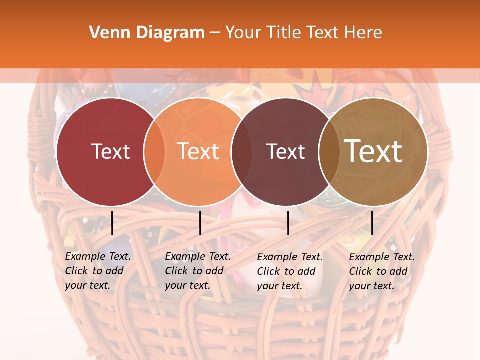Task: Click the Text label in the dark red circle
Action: coord(110,151)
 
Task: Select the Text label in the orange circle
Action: coord(198,151)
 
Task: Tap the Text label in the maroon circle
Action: coord(285,151)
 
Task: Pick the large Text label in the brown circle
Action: coord(373,151)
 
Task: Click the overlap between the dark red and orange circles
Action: coord(154,152)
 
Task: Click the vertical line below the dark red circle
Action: coord(112,223)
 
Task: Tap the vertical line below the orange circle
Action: coord(200,223)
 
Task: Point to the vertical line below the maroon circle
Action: coord(288,223)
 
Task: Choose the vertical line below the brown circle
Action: coord(372,223)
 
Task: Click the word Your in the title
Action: coord(244,33)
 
